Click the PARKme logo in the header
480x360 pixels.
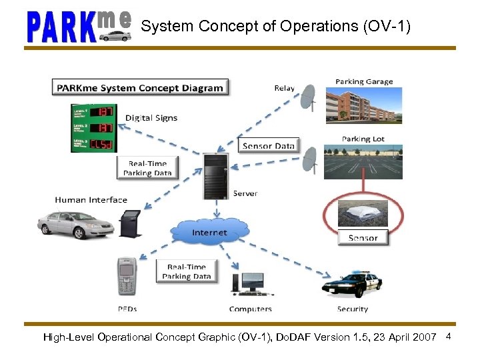coord(79,27)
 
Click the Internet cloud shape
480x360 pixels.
coord(209,233)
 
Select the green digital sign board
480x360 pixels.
coord(94,127)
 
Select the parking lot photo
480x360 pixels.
coord(363,161)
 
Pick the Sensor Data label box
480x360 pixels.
coord(268,145)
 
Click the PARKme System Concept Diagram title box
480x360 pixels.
coord(141,87)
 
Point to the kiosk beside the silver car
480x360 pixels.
coord(128,223)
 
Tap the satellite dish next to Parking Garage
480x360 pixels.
coord(309,98)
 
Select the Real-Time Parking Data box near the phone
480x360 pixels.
coord(187,271)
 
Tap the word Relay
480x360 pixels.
coord(284,88)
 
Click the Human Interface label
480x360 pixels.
coord(91,199)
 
